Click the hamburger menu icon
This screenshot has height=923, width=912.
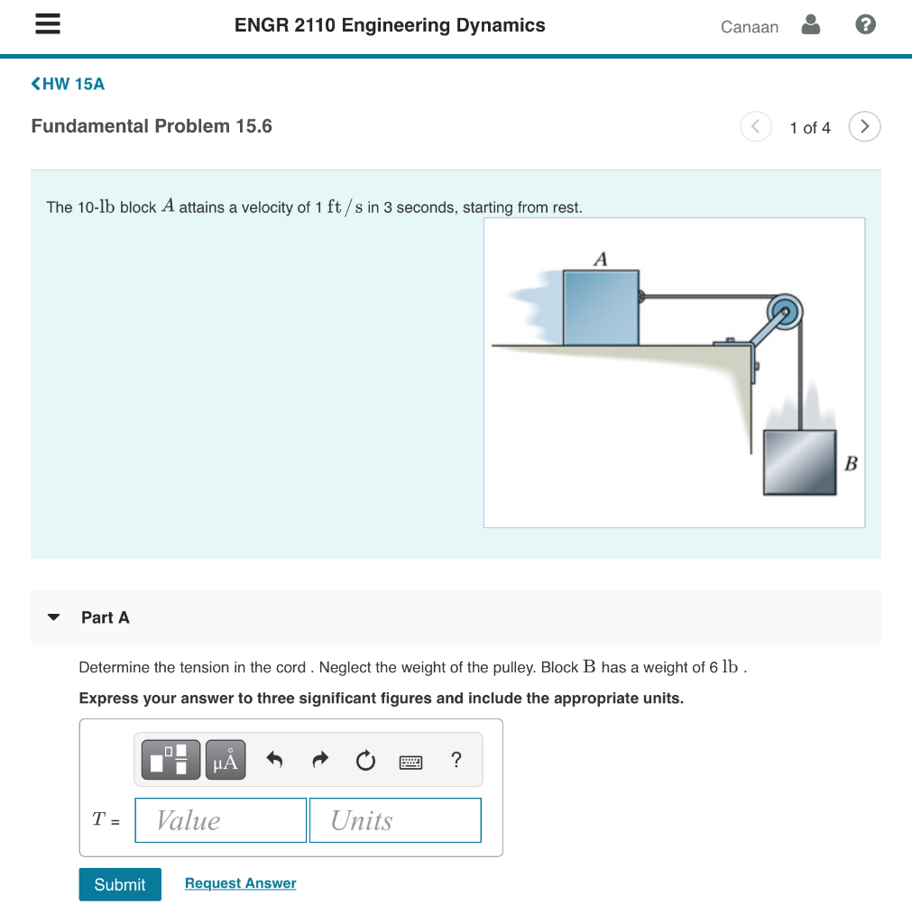47,25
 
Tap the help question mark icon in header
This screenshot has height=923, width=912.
864,25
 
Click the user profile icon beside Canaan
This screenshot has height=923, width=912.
811,25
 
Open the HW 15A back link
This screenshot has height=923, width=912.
69,84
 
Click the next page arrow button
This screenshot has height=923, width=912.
864,127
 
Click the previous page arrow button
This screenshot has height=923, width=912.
756,127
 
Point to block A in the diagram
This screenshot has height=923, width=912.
601,307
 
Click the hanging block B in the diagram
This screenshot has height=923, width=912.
799,462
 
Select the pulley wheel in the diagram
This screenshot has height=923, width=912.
787,314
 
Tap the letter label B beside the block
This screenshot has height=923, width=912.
851,464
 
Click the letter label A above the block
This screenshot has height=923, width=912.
601,259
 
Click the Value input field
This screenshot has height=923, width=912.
221,820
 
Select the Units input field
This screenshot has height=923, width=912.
395,820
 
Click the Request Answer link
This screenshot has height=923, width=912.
240,883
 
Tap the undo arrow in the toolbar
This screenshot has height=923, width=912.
275,761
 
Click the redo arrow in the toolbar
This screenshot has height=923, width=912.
320,761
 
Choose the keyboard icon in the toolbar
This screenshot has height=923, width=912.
410,762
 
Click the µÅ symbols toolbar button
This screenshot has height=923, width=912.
226,760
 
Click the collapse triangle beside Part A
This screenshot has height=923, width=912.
53,618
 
